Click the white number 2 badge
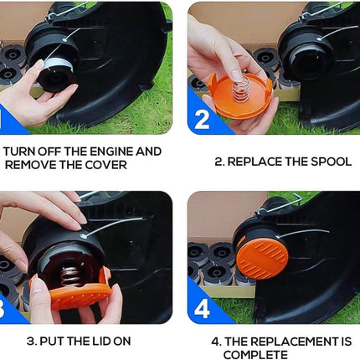(x=202, y=120)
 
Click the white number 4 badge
(x=202, y=309)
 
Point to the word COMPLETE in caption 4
(x=255, y=355)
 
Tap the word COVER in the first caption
(x=106, y=165)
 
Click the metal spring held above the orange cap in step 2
(x=240, y=88)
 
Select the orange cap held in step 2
(x=240, y=95)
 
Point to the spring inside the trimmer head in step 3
(x=69, y=276)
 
